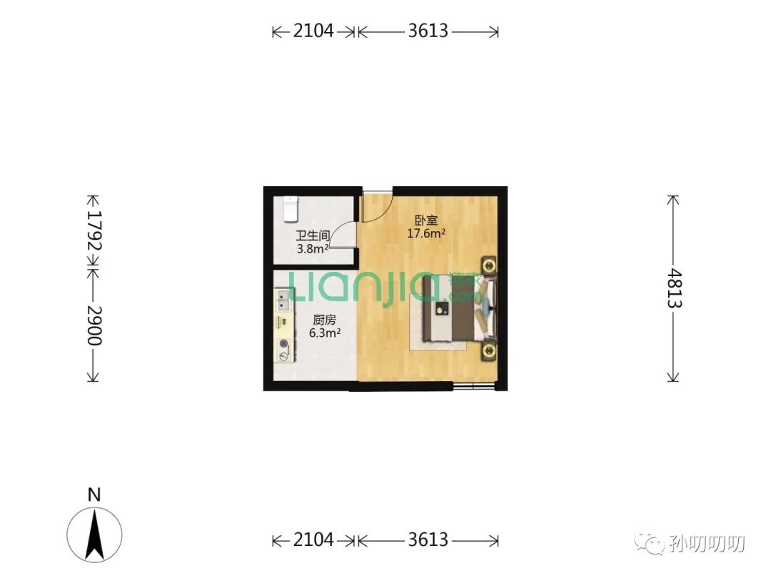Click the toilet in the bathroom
pyautogui.click(x=291, y=209)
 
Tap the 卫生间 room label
pyautogui.click(x=312, y=236)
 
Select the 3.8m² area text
pyautogui.click(x=312, y=249)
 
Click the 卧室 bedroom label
pyautogui.click(x=425, y=220)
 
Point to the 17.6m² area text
pyautogui.click(x=425, y=233)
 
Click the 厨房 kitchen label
pyautogui.click(x=325, y=320)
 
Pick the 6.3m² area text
pyautogui.click(x=325, y=333)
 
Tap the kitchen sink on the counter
pyautogui.click(x=283, y=300)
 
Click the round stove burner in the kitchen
pyautogui.click(x=283, y=344)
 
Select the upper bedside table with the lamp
pyautogui.click(x=488, y=266)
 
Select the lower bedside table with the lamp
pyautogui.click(x=488, y=351)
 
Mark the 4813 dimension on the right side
pyautogui.click(x=674, y=288)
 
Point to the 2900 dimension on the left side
pyautogui.click(x=94, y=326)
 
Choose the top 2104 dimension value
pyautogui.click(x=313, y=31)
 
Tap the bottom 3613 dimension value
pyautogui.click(x=428, y=539)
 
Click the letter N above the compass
pyautogui.click(x=94, y=495)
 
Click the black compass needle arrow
pyautogui.click(x=94, y=534)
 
